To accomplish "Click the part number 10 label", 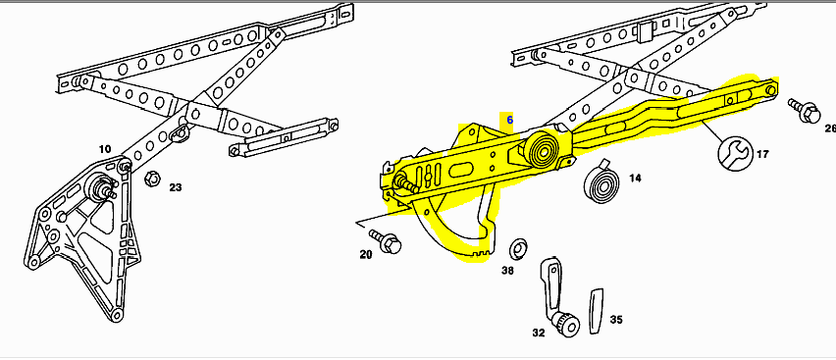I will point(104,149).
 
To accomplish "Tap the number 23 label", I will point(175,186).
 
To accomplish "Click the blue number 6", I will point(509,118).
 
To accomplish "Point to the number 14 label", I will point(635,179).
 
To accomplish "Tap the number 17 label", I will point(762,153).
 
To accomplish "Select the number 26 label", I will point(829,129).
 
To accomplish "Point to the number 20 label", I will point(366,254).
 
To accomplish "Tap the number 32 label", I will point(539,333).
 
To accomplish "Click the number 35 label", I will point(616,319).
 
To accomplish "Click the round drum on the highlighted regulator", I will point(539,153).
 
